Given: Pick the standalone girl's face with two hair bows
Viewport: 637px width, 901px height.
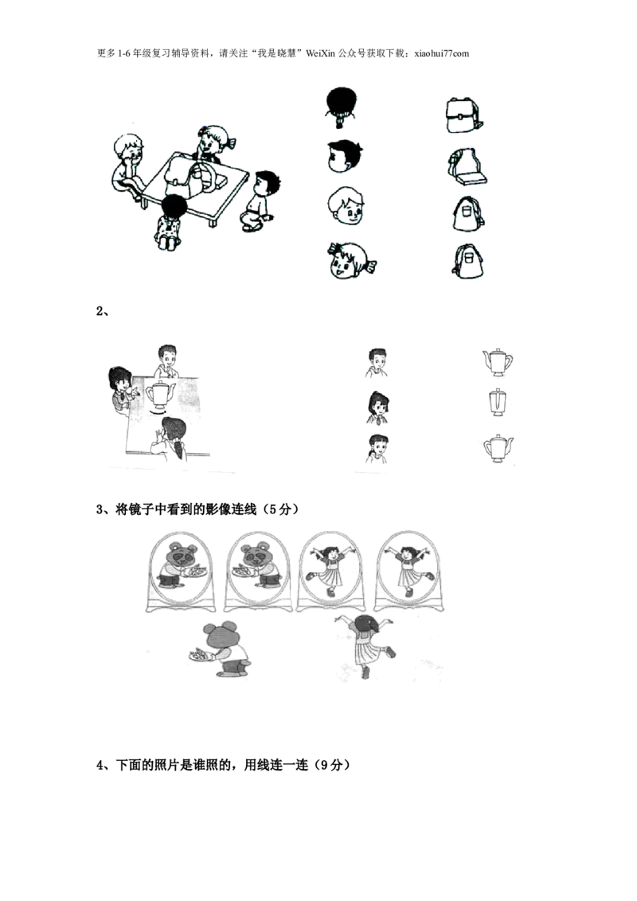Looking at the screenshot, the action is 351,260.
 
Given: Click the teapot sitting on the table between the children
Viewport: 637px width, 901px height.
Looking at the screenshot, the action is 158,396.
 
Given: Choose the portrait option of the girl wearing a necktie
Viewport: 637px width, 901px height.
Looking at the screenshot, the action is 376,408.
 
